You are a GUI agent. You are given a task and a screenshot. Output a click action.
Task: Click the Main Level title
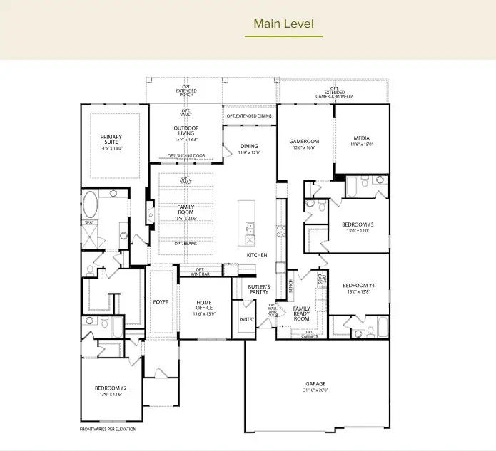pos(283,24)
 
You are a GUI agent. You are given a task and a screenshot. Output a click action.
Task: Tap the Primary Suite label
pos(111,140)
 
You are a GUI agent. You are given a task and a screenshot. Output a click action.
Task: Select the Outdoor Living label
pos(186,133)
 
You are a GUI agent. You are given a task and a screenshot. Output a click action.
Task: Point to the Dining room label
pos(250,148)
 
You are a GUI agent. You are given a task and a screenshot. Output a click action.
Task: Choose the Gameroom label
pos(304,144)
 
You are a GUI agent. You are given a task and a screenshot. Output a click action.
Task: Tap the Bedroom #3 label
pos(358,227)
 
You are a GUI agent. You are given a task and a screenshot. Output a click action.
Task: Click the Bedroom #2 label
pos(111,391)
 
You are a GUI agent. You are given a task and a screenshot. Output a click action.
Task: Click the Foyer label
pos(161,302)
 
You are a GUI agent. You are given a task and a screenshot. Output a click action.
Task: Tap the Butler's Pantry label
pos(258,289)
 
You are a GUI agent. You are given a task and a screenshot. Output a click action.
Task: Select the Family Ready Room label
pos(302,313)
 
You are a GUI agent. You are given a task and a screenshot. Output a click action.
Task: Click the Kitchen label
pos(257,254)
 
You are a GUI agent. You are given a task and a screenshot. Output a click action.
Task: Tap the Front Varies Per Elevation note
pos(108,429)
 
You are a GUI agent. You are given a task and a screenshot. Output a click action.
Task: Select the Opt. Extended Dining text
pos(249,115)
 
